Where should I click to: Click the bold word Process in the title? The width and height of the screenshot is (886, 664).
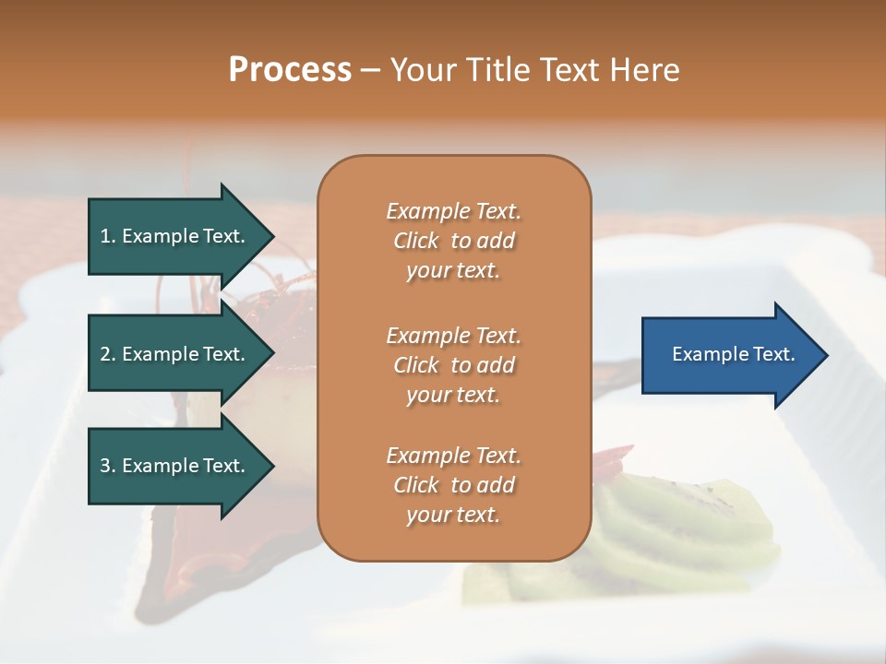[290, 70]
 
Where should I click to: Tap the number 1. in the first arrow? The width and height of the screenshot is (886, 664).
[108, 236]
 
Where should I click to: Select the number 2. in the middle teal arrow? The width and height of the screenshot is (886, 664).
[108, 354]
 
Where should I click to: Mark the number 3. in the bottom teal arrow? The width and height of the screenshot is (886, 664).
[108, 466]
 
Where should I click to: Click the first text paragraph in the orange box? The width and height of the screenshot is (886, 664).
[453, 241]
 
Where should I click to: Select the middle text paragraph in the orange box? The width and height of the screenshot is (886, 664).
[453, 364]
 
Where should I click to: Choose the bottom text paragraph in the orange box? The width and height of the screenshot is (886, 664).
[453, 485]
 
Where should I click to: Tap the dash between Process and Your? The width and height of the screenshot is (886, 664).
[370, 71]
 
